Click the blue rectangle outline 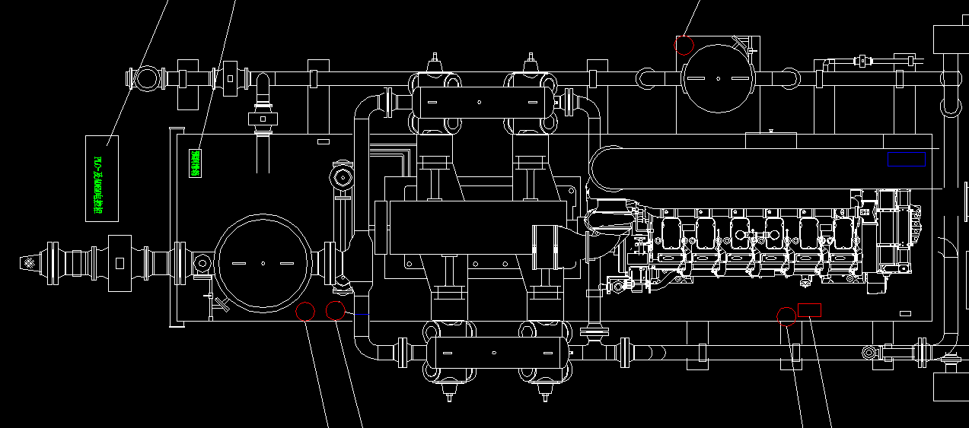(x=906, y=159)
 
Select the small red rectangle (x=809, y=309)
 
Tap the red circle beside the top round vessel (x=684, y=45)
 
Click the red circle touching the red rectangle (x=786, y=315)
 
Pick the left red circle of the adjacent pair (x=305, y=311)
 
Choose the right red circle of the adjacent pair (x=335, y=310)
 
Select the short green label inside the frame (x=195, y=163)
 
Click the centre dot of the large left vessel (x=263, y=263)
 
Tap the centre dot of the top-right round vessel (x=718, y=77)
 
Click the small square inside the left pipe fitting (x=120, y=262)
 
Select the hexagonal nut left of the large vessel (x=202, y=263)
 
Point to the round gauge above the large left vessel (x=343, y=178)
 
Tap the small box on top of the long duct (x=770, y=141)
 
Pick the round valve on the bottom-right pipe (x=869, y=353)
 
